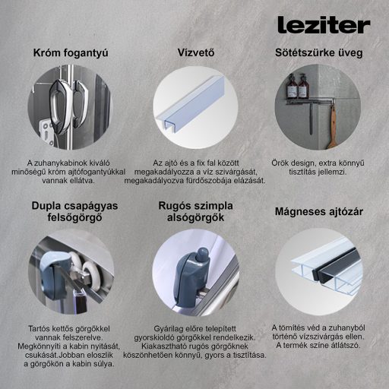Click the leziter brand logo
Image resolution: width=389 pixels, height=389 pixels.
pyautogui.click(x=323, y=24)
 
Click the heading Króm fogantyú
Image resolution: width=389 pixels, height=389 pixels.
pyautogui.click(x=70, y=53)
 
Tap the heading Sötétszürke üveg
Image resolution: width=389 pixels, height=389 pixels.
pyautogui.click(x=318, y=53)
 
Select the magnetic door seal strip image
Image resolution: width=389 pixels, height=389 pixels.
pyautogui.click(x=318, y=265)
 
